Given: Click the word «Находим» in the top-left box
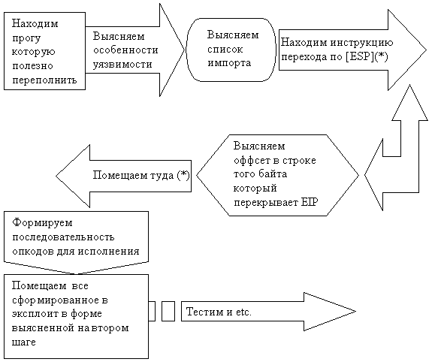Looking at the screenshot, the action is click(x=35, y=23).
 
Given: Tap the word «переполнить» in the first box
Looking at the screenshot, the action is click(x=44, y=80).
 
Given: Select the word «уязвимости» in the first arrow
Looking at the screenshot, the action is click(x=122, y=64).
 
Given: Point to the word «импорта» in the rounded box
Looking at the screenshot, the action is click(x=229, y=63).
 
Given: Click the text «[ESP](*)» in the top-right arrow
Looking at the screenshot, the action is click(x=367, y=57).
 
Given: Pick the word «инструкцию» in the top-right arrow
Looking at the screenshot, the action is click(x=361, y=43).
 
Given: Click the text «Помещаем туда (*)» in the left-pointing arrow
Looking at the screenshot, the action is click(x=141, y=175).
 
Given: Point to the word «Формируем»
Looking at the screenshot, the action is click(x=42, y=222).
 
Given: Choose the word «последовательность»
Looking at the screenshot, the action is click(x=63, y=237).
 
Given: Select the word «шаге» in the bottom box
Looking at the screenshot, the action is click(x=24, y=342).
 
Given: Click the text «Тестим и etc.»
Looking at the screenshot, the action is click(x=219, y=312).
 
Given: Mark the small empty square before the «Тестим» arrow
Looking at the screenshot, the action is click(x=168, y=312).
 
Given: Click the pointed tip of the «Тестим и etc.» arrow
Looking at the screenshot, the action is click(x=356, y=312).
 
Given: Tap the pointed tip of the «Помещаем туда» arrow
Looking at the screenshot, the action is click(x=56, y=176).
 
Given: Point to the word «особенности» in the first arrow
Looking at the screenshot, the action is click(x=125, y=50).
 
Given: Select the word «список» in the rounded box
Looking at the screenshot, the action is click(x=225, y=50).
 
